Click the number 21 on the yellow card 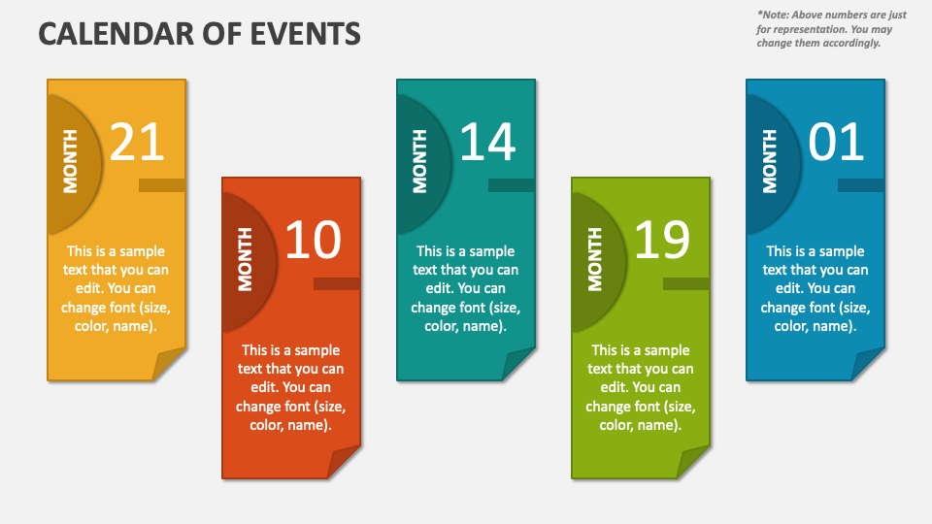click(x=137, y=143)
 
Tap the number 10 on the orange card click(x=313, y=241)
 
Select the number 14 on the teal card click(x=486, y=143)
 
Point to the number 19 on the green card click(x=662, y=241)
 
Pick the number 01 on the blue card click(x=836, y=143)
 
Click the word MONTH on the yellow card click(x=70, y=161)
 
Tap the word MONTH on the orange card click(x=245, y=259)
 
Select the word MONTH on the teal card click(x=419, y=161)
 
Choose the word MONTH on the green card click(x=594, y=259)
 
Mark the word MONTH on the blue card click(x=769, y=161)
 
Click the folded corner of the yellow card click(x=170, y=365)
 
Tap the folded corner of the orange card click(x=345, y=462)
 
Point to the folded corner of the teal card click(x=519, y=365)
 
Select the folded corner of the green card click(x=694, y=462)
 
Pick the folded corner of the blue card click(x=869, y=365)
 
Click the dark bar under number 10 click(x=337, y=283)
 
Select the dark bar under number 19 click(x=686, y=283)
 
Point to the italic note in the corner click(x=832, y=29)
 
